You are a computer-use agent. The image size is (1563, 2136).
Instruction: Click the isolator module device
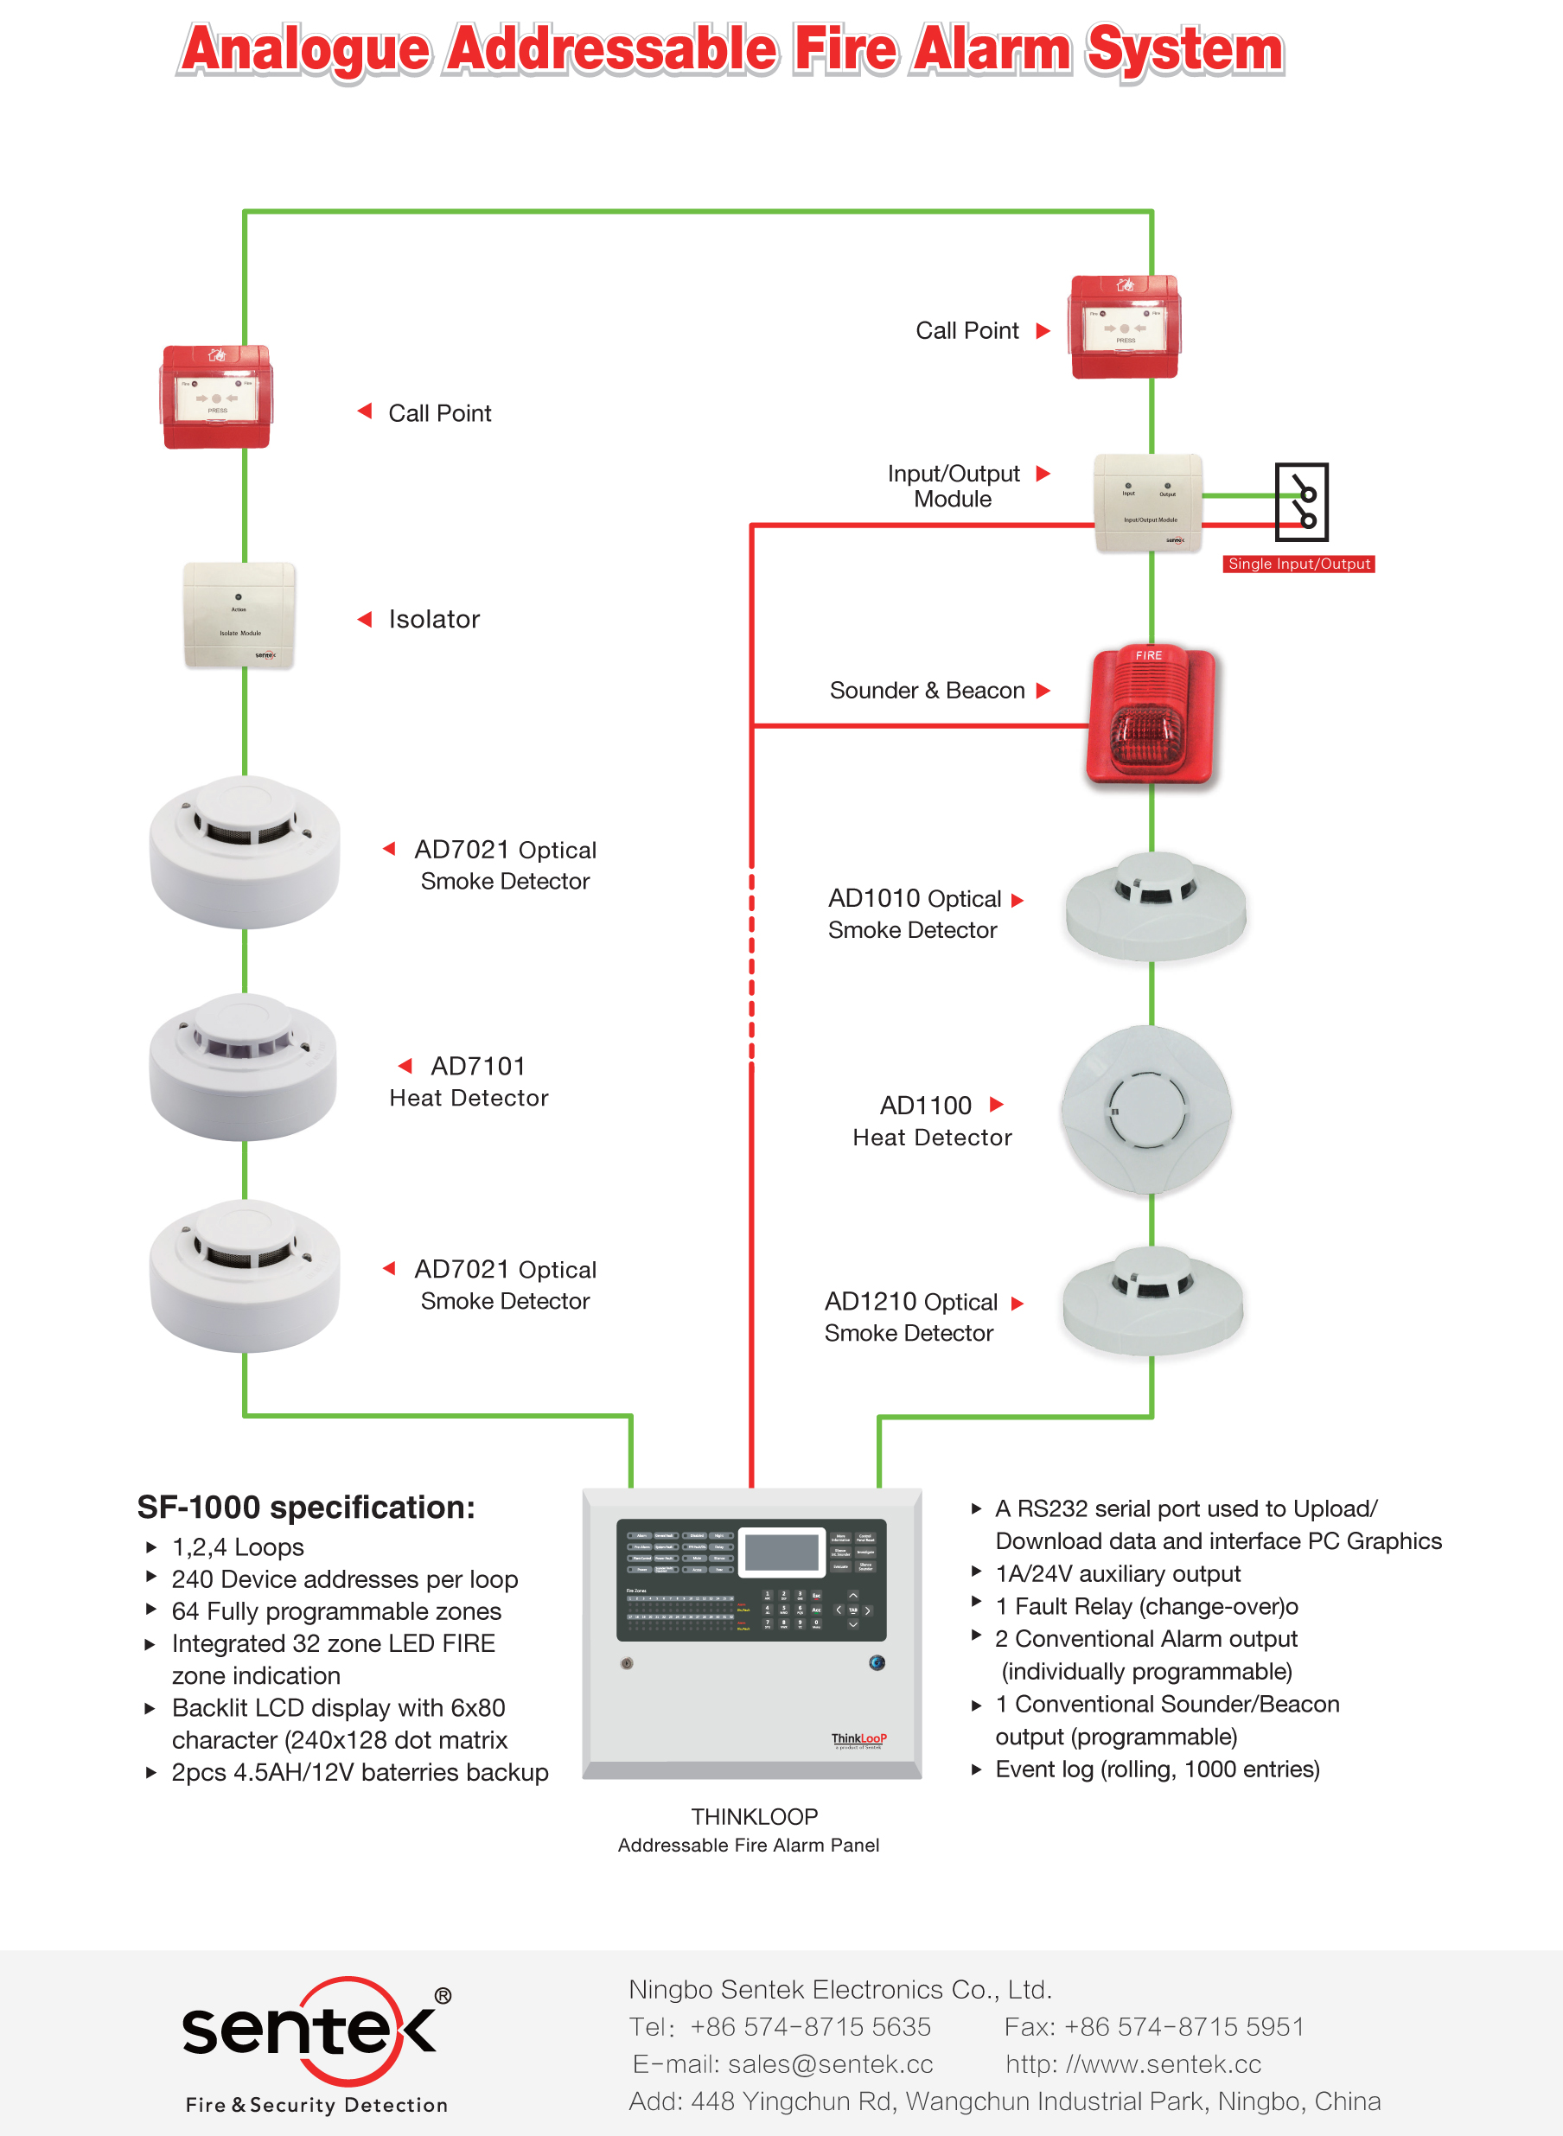[239, 615]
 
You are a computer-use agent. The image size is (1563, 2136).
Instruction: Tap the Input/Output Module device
[1149, 503]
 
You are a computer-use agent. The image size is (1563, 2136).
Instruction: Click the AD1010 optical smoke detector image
[1155, 905]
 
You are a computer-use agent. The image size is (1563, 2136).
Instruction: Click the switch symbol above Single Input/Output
[1301, 501]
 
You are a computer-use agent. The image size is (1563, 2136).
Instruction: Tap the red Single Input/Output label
[1298, 564]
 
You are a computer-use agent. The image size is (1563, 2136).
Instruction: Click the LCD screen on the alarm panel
[781, 1553]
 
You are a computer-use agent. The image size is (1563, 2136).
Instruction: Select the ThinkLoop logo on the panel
[858, 1738]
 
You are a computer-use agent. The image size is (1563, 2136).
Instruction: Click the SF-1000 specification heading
[306, 1507]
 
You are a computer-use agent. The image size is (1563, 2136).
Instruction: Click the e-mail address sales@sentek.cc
[830, 2064]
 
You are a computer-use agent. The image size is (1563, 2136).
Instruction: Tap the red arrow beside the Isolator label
[364, 620]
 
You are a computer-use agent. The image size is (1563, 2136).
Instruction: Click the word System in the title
[1184, 49]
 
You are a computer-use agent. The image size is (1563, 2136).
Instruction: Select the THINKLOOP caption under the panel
[754, 1816]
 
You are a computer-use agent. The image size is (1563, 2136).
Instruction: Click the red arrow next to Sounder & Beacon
[1043, 691]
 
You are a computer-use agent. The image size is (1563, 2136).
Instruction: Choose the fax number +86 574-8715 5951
[1183, 2026]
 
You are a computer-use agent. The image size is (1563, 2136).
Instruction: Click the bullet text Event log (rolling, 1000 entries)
[1156, 1769]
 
